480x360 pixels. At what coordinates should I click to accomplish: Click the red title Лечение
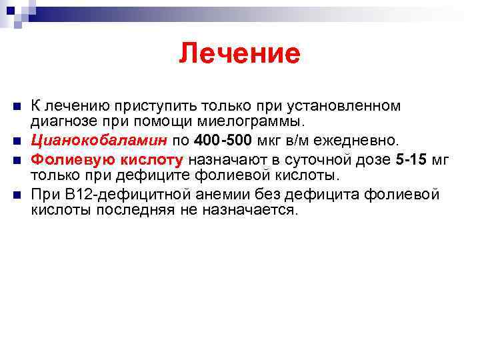[239, 53]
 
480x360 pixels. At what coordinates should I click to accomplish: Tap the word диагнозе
[62, 123]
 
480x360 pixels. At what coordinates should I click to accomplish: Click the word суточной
[316, 159]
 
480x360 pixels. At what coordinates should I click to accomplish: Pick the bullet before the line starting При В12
[17, 194]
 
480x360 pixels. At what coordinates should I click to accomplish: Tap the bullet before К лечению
[17, 106]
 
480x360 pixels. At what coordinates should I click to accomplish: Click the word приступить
[147, 105]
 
